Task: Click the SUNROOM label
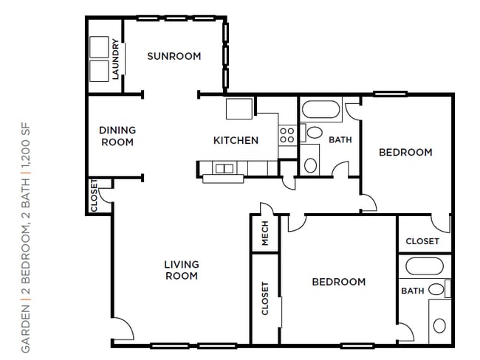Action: pyautogui.click(x=174, y=56)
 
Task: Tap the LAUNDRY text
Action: pyautogui.click(x=115, y=59)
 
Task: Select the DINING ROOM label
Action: pyautogui.click(x=117, y=136)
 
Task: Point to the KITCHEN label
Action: pyautogui.click(x=236, y=140)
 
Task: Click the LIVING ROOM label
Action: pyautogui.click(x=182, y=270)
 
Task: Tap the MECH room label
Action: pyautogui.click(x=265, y=233)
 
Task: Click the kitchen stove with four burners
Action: pyautogui.click(x=287, y=136)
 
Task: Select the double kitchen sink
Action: pyautogui.click(x=224, y=168)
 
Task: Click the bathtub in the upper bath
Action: pyautogui.click(x=320, y=109)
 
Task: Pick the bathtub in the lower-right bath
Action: pyautogui.click(x=425, y=266)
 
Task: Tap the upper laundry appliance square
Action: pyautogui.click(x=99, y=47)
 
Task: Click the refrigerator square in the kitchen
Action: pyautogui.click(x=239, y=108)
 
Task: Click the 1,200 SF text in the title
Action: pyautogui.click(x=26, y=146)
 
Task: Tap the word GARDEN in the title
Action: pyautogui.click(x=26, y=328)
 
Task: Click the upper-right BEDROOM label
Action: pyautogui.click(x=405, y=152)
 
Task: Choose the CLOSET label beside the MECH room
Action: pyautogui.click(x=265, y=299)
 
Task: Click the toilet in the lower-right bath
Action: pyautogui.click(x=439, y=325)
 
